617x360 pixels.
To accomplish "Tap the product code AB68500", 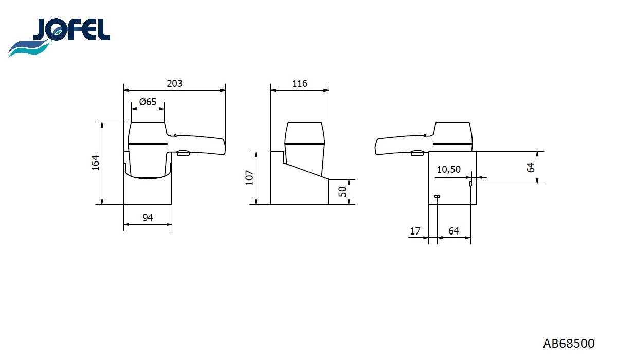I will (x=568, y=343).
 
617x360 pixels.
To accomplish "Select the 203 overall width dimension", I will (x=175, y=83).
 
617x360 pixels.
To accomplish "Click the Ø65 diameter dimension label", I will (x=148, y=102).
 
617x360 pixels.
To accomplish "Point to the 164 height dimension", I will (x=95, y=163).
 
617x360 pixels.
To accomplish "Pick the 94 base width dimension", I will (x=148, y=218).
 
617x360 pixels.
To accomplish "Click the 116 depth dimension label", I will (x=299, y=83).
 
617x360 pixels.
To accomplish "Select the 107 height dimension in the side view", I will (x=249, y=178).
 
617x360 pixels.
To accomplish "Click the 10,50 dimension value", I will (x=448, y=170).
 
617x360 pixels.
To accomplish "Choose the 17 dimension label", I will (x=415, y=231).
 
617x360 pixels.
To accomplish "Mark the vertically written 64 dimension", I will (x=531, y=167).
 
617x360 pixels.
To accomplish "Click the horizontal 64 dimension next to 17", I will (x=453, y=231).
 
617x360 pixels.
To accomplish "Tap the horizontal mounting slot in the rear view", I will (x=437, y=196).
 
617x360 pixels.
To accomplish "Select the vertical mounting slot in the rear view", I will (x=470, y=184).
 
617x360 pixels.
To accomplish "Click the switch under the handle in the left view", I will (x=183, y=153).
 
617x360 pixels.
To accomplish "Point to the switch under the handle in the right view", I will (x=418, y=152).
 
